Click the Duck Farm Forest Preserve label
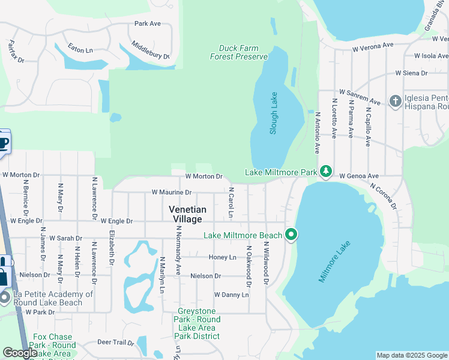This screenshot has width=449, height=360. (x=238, y=52)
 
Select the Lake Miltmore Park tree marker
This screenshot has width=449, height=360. (x=325, y=172)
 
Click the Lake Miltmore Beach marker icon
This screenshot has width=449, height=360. (x=292, y=235)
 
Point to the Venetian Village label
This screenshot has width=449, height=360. (x=187, y=214)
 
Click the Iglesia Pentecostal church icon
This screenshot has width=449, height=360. (x=395, y=101)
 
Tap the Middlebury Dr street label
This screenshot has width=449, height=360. (x=150, y=50)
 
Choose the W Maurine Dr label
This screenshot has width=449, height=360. (x=171, y=193)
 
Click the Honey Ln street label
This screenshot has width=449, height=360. (x=222, y=257)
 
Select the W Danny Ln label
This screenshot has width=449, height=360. (x=231, y=295)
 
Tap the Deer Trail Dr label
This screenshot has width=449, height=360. (x=115, y=343)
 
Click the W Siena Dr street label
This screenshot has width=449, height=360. (x=411, y=73)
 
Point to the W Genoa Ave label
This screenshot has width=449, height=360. (x=358, y=176)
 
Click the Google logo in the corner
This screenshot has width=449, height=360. (x=20, y=353)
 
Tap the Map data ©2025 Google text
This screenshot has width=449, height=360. (x=412, y=355)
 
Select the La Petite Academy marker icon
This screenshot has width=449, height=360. (x=5, y=296)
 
